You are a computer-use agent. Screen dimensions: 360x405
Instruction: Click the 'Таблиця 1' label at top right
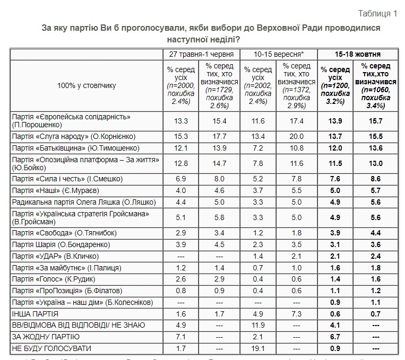377,13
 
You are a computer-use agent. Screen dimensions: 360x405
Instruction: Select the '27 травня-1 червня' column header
200,54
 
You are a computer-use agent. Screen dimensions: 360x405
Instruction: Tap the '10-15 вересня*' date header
279,54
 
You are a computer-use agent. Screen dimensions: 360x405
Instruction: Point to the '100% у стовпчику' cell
86,85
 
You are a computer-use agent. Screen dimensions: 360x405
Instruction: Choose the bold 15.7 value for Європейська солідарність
375,121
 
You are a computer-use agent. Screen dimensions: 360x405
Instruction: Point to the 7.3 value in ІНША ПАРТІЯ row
298,313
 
